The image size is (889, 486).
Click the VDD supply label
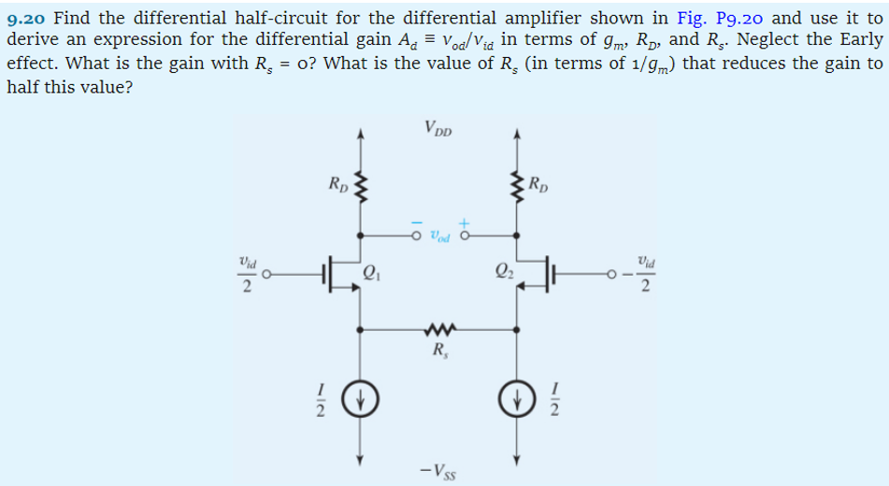437,129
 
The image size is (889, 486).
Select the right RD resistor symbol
513,183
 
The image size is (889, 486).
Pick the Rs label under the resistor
438,352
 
